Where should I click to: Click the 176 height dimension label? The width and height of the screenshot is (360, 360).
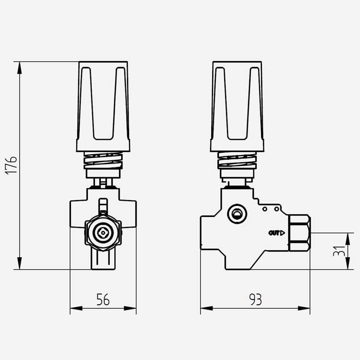(x=11, y=166)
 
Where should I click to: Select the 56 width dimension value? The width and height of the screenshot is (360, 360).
(x=103, y=300)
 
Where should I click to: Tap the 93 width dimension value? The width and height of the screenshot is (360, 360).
(x=255, y=300)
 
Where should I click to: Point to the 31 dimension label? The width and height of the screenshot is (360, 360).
(x=339, y=251)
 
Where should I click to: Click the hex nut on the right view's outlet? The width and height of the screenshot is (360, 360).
(x=300, y=233)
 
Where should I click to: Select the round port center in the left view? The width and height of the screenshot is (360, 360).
(x=103, y=233)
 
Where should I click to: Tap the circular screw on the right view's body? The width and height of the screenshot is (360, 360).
(x=237, y=214)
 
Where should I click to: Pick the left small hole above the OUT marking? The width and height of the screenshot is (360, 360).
(x=264, y=209)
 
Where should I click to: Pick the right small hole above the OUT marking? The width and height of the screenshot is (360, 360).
(x=277, y=209)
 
